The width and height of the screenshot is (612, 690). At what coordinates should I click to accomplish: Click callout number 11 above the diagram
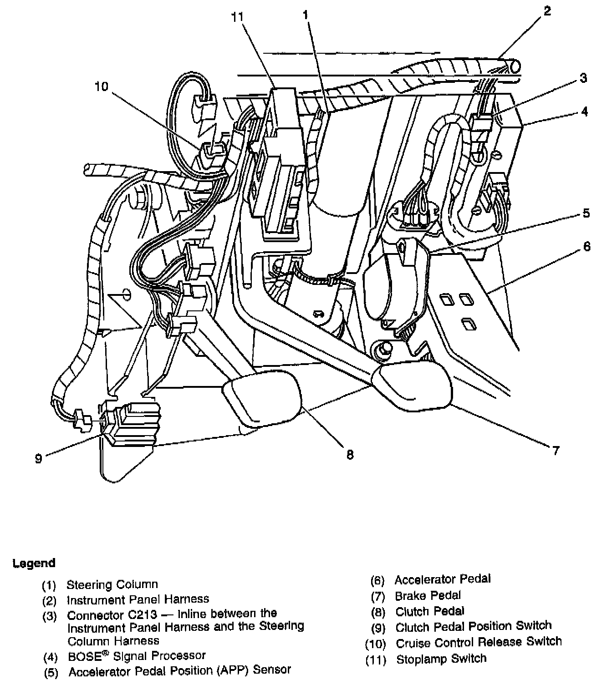[x=237, y=17]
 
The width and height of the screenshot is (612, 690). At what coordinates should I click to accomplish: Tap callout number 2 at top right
[x=547, y=11]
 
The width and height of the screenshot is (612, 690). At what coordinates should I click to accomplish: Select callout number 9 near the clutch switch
[x=39, y=459]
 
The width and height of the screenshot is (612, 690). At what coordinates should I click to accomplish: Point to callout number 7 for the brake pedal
[x=556, y=451]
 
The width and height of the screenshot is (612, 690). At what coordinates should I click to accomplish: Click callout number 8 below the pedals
[x=350, y=454]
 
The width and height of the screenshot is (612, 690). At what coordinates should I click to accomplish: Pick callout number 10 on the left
[x=101, y=86]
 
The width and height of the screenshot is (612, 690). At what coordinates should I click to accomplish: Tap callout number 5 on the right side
[x=586, y=213]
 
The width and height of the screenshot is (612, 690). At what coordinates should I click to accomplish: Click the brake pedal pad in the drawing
[x=412, y=386]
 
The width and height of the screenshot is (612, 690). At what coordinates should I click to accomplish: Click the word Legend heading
[x=34, y=563]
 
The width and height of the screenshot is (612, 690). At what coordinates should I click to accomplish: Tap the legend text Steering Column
[x=112, y=584]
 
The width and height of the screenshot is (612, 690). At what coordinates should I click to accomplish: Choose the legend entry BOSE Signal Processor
[x=137, y=655]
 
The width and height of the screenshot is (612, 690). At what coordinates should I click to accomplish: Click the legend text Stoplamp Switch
[x=441, y=659]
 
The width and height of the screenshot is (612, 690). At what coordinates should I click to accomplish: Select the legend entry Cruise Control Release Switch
[x=479, y=642]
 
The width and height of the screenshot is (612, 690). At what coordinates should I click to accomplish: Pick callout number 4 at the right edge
[x=584, y=112]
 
